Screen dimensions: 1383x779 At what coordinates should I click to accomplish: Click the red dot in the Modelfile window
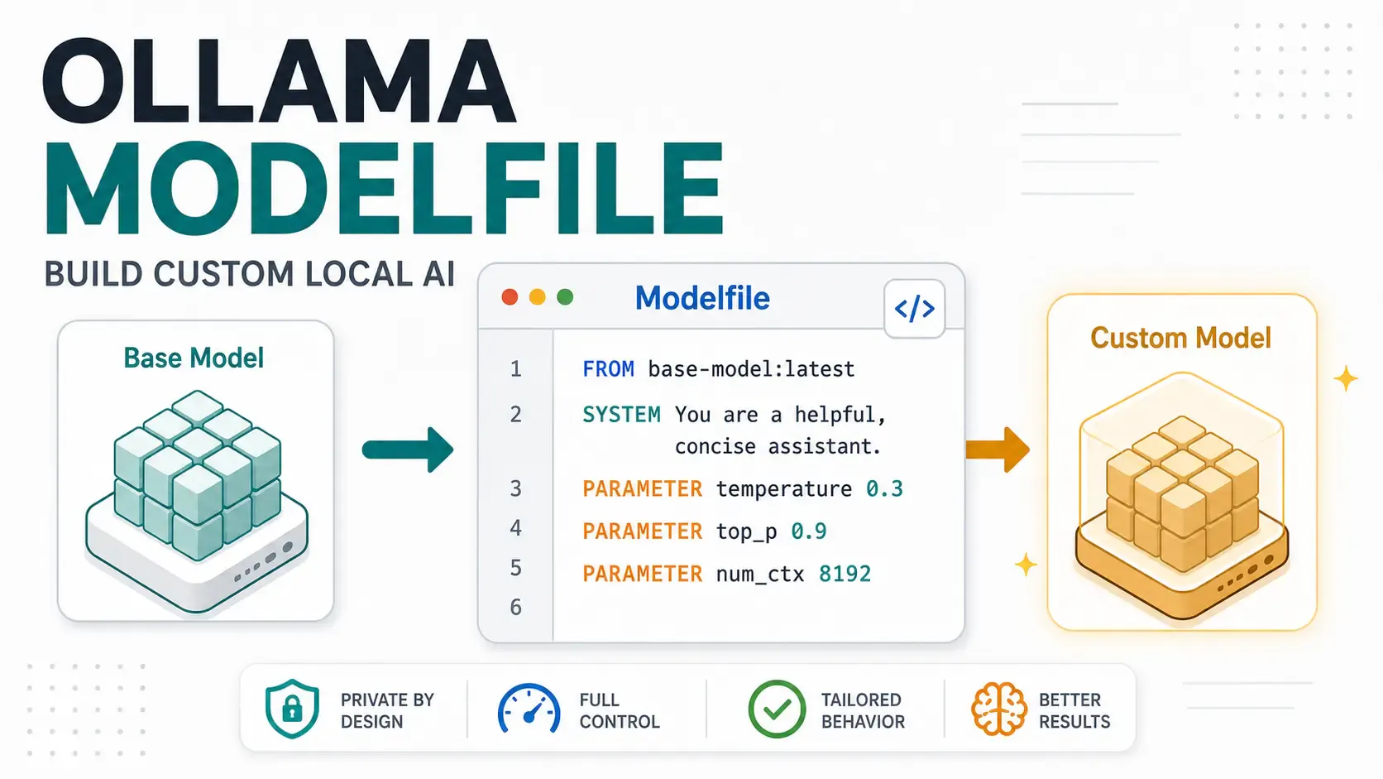510,297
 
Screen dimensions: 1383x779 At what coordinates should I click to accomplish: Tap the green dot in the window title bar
565,297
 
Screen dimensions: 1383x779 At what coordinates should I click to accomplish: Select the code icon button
914,308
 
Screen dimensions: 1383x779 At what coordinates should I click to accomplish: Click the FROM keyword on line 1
608,369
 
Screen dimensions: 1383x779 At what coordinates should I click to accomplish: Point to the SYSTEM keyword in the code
621,415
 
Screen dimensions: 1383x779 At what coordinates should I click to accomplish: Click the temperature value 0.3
884,488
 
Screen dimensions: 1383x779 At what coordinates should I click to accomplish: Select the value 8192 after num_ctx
845,574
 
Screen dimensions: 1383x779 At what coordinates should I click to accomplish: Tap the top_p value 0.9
809,531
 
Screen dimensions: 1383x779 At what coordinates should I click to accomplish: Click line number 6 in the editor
516,608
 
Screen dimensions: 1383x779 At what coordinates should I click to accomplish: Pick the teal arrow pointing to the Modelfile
408,450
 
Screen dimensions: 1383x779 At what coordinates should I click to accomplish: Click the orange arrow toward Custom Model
998,450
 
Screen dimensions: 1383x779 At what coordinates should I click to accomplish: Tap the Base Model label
194,358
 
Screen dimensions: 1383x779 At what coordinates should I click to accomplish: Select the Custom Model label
1180,338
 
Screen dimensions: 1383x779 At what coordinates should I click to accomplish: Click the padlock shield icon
292,709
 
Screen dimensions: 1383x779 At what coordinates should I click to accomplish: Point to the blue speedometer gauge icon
529,709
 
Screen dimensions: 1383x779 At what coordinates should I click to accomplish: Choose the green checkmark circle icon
777,709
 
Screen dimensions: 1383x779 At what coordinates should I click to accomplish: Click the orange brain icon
998,709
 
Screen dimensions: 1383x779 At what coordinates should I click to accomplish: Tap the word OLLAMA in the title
279,81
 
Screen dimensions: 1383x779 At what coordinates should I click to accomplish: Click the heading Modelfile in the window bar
702,298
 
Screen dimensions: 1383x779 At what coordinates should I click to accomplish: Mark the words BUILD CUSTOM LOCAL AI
250,274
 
